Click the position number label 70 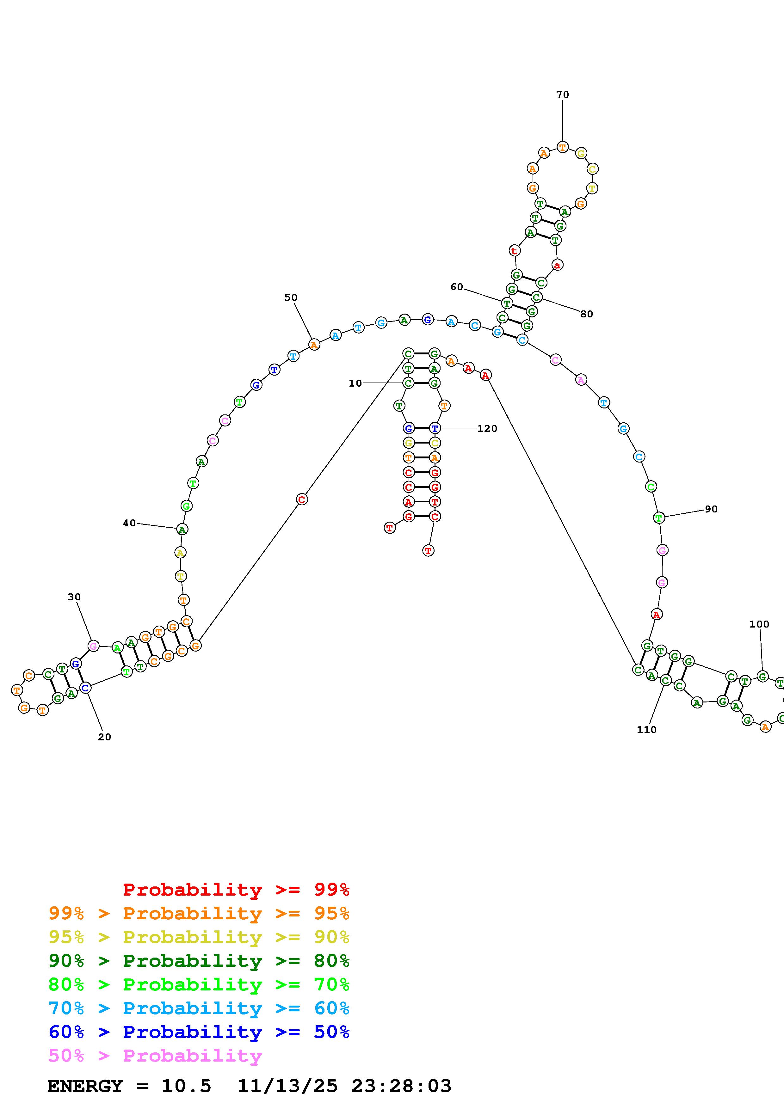(562, 95)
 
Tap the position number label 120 (487, 428)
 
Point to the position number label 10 (355, 383)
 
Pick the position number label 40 (129, 523)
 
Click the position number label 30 (74, 597)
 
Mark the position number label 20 (104, 737)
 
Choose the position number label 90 (711, 509)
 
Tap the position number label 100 (759, 624)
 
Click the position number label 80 (586, 314)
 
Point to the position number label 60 (456, 287)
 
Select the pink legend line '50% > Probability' (155, 1056)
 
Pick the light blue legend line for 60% (199, 1008)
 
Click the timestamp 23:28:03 (401, 1086)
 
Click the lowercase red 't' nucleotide (515, 251)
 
